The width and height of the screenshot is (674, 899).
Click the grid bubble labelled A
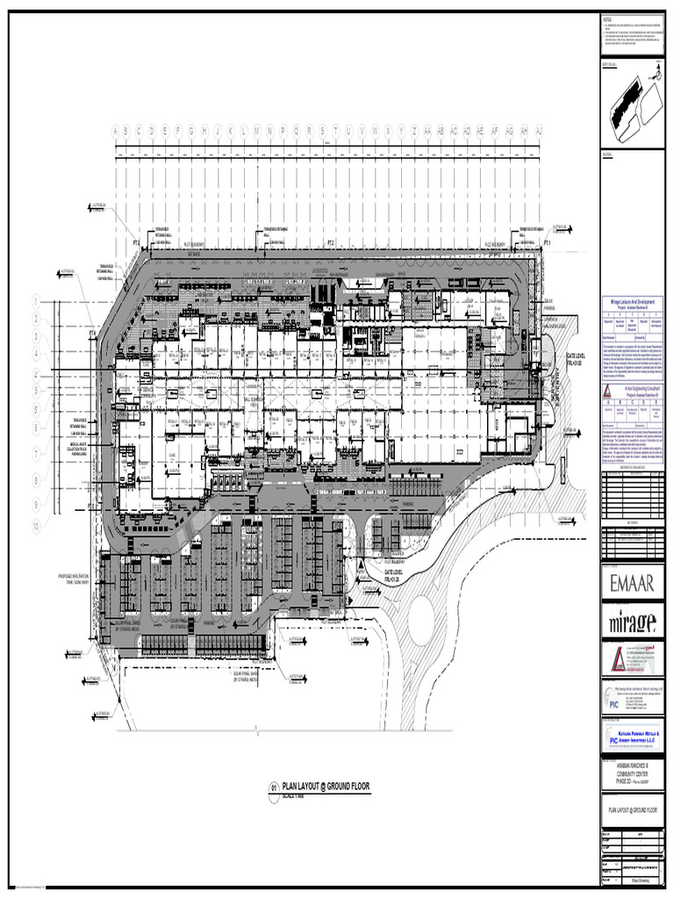tap(113, 131)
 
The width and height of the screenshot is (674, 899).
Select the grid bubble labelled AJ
tap(539, 131)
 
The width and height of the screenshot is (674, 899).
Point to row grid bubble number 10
tap(36, 527)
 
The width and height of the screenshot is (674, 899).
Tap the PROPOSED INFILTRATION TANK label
tap(75, 579)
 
